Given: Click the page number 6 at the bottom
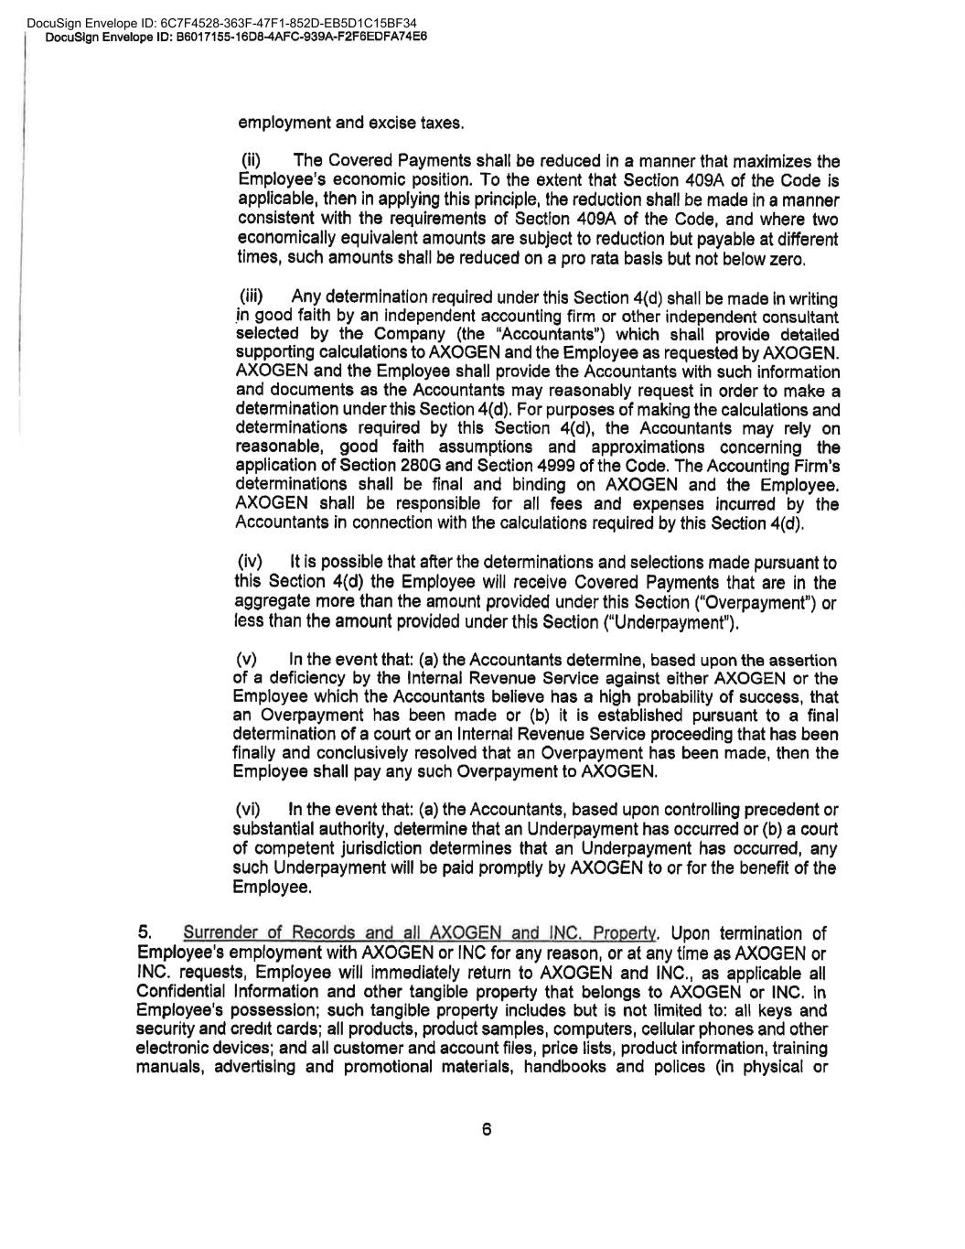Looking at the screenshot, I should coord(487,1130).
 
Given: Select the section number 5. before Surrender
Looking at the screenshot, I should coord(144,933).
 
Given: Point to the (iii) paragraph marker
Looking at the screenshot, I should coord(252,296).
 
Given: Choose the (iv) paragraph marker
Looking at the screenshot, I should coord(250,561).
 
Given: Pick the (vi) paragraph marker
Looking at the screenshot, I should coord(248,810).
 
